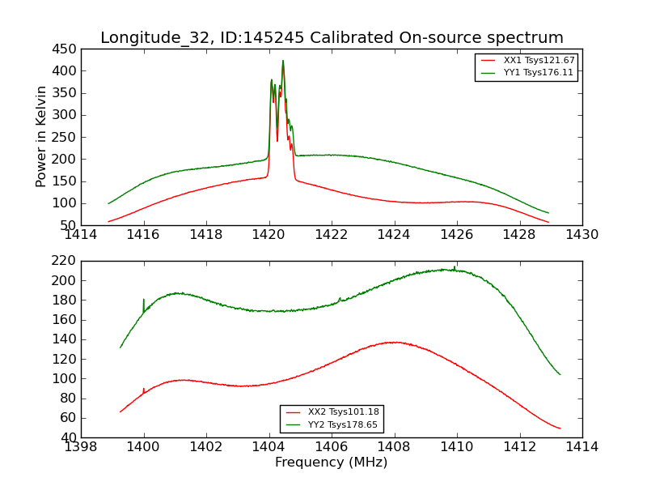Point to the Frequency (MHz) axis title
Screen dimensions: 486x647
(x=332, y=463)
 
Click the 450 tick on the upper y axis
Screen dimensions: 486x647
(x=64, y=49)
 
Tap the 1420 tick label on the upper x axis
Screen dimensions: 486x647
(x=269, y=235)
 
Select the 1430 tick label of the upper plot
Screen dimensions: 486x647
(x=581, y=235)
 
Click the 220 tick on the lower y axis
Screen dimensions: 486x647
(x=64, y=261)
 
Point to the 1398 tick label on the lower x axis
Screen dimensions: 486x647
(x=82, y=447)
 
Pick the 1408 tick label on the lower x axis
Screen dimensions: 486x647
(x=394, y=447)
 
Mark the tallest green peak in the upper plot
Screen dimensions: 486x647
(x=283, y=61)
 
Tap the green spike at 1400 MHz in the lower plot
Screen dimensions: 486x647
(x=144, y=301)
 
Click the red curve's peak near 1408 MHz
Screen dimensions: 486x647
(x=394, y=342)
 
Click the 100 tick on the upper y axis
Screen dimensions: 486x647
(x=64, y=203)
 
